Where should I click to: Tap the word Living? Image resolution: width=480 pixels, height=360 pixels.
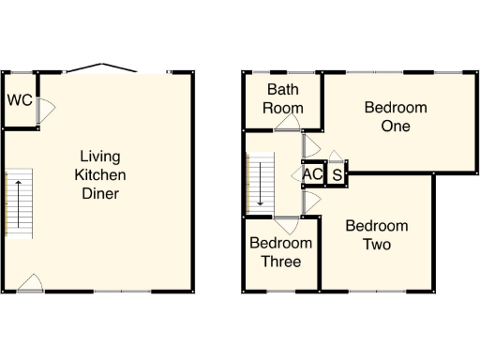tap(100, 156)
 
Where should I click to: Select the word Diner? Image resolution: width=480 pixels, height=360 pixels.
tap(100, 194)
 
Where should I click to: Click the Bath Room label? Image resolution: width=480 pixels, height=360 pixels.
tap(283, 97)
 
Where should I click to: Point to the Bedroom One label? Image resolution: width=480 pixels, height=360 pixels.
tap(395, 117)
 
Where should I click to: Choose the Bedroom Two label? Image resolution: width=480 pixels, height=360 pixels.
tap(376, 235)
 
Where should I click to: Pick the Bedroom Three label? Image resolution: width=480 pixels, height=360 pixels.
tap(275, 252)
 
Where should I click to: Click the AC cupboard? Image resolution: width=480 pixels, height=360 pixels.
tap(312, 174)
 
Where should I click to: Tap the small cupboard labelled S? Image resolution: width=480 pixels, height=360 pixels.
tap(337, 174)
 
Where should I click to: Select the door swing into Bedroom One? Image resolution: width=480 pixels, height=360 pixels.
tap(308, 144)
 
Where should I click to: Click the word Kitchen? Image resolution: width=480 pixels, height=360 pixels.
tap(100, 175)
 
